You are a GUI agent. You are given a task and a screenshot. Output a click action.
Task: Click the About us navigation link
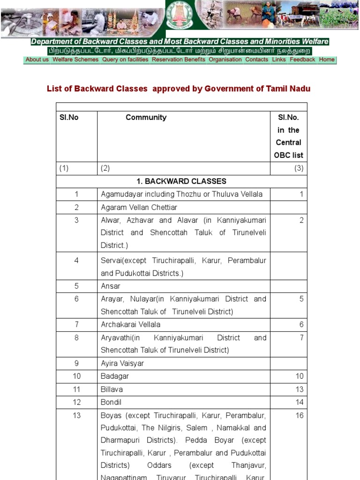[37, 60]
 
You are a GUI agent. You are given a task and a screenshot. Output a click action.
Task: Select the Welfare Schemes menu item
[75, 60]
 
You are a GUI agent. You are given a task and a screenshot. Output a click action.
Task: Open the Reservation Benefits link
[179, 60]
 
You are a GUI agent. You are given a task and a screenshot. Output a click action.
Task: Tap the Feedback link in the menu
[302, 60]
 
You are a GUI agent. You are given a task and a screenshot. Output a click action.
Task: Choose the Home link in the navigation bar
[327, 60]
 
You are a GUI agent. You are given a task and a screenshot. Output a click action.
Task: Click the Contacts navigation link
[257, 60]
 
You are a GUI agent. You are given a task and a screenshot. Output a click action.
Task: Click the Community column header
[146, 118]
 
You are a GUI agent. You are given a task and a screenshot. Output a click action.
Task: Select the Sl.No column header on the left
[69, 118]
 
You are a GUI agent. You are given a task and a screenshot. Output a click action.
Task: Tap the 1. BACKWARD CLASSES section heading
[181, 181]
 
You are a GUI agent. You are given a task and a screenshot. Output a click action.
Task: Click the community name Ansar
[111, 286]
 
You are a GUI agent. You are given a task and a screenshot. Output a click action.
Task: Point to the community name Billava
[112, 389]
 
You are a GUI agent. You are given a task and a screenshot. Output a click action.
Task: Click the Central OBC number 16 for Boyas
[299, 415]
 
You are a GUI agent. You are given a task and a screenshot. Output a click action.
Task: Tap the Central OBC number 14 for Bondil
[299, 402]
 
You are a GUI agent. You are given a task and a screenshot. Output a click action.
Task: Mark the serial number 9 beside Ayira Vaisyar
[76, 363]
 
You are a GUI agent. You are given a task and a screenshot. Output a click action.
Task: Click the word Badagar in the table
[114, 376]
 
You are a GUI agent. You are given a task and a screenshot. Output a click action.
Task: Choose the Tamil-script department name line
[180, 51]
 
